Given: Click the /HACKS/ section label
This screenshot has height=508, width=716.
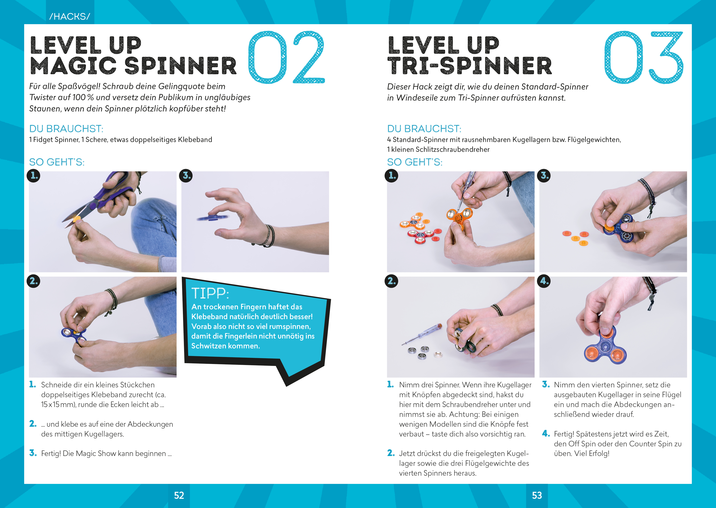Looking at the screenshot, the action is [69, 16].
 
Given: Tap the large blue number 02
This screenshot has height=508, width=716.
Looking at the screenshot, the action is [286, 57].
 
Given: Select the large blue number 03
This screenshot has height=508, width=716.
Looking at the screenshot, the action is [643, 57].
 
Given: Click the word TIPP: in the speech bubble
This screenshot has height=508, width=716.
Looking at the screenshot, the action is [210, 293].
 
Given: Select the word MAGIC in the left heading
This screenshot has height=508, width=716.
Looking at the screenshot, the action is [74, 66].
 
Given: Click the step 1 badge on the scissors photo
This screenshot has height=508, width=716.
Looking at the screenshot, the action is [33, 176].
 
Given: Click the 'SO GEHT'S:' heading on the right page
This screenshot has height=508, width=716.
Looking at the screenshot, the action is [415, 162].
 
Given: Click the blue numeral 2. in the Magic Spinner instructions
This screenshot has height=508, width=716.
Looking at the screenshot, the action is [33, 424].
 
